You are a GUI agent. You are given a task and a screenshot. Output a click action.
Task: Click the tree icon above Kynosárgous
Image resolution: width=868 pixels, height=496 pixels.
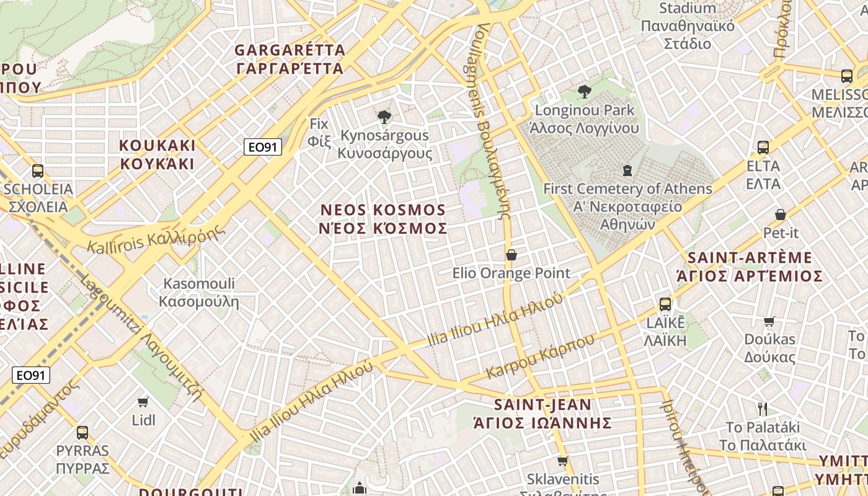coord(384,117)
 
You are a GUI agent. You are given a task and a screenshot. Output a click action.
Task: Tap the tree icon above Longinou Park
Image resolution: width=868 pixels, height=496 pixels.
coord(584,92)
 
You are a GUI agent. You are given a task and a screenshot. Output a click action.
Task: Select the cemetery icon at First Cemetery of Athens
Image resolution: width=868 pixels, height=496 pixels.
coord(627,170)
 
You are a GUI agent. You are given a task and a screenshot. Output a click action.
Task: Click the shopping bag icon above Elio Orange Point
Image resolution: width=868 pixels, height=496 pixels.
coord(511,255)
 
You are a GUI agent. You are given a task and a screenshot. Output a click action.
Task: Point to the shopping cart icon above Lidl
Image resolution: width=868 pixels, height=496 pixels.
coord(143,402)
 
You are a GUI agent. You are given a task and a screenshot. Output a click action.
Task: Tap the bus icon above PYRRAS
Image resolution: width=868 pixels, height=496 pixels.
coord(82,432)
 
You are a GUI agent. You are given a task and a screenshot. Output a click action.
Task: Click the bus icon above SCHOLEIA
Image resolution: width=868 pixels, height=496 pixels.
coord(38,170)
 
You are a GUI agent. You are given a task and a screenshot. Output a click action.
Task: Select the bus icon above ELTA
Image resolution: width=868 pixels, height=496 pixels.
coord(763,148)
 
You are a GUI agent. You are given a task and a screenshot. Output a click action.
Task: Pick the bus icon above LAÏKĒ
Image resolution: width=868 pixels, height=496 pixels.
coord(665,304)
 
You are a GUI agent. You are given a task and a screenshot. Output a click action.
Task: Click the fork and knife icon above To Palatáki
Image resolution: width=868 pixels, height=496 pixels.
coord(763,409)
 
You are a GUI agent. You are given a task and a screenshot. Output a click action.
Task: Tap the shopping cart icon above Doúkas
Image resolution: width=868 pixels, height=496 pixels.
coord(769,321)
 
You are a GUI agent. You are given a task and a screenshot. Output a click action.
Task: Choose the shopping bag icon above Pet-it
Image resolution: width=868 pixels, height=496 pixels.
coord(781,215)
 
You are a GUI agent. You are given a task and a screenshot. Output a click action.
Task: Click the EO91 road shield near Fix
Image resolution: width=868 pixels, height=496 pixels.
coord(263,147)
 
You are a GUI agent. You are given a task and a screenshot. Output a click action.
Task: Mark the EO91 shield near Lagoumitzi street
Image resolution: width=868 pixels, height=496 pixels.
coord(30,375)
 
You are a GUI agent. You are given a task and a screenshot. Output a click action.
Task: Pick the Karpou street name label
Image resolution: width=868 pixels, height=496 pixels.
coord(540,356)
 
